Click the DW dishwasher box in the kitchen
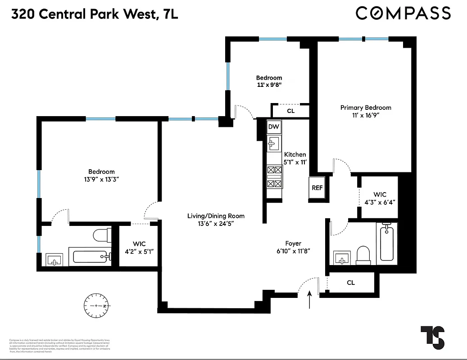(x=274, y=127)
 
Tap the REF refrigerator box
(x=317, y=188)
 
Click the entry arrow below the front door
(x=310, y=300)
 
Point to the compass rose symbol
(x=97, y=306)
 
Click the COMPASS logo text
(x=403, y=13)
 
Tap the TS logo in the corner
(x=432, y=336)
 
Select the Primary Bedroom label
(x=366, y=111)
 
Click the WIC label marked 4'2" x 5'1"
(x=136, y=247)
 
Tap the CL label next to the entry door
(x=351, y=283)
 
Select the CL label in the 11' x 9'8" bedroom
(x=290, y=111)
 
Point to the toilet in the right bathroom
(x=363, y=255)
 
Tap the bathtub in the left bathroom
(x=90, y=257)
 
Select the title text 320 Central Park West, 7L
(x=95, y=14)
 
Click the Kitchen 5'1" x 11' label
(x=295, y=158)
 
